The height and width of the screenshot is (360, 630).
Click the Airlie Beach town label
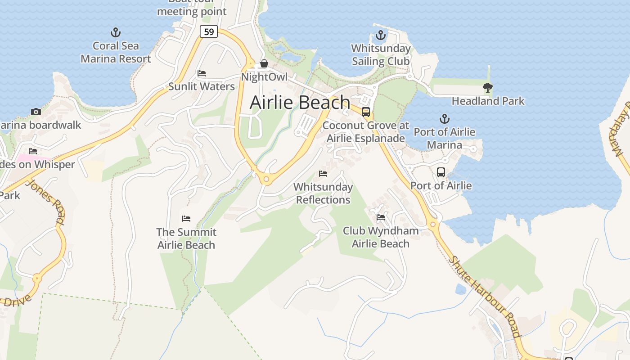point(300,102)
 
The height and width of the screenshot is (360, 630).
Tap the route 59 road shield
point(209,31)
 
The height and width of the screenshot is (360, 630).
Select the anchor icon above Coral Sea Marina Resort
point(116,32)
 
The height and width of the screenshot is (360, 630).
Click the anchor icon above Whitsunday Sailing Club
point(381,35)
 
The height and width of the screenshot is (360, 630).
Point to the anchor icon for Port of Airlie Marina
point(444,119)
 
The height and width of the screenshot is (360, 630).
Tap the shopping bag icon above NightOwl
point(264,64)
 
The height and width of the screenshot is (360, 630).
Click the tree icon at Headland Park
point(487,88)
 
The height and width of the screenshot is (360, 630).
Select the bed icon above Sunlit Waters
point(202,73)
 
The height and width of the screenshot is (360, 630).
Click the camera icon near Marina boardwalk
point(36,112)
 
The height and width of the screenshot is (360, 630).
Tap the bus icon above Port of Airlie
point(441,172)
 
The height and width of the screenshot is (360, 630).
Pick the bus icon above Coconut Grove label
point(366,112)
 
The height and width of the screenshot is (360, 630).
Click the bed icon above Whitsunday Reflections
point(323,173)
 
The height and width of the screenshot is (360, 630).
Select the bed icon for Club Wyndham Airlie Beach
point(380,218)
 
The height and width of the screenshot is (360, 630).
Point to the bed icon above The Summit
point(186,219)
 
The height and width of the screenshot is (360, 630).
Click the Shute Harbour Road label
point(485,297)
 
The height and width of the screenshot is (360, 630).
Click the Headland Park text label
point(488,101)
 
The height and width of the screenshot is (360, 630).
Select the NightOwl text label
point(264,77)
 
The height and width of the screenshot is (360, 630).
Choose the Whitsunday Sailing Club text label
point(381,54)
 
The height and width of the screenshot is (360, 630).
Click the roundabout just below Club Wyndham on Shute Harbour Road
point(433,224)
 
